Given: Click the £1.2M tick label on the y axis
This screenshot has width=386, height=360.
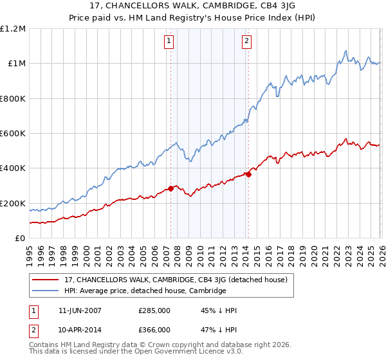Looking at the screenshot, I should point(13,29).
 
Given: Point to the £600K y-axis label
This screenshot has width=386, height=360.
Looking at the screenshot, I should point(13,134).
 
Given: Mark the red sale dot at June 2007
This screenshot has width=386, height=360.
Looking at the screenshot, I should point(171,188).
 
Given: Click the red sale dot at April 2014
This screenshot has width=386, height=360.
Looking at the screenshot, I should point(248,174).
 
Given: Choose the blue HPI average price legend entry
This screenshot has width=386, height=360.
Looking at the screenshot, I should point(145,291).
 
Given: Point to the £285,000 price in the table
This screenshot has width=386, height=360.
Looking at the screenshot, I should point(154,310).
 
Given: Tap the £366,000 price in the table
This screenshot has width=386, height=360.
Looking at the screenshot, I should point(154,329).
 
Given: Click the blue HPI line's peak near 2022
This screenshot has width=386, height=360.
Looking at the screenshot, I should point(346,51).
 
